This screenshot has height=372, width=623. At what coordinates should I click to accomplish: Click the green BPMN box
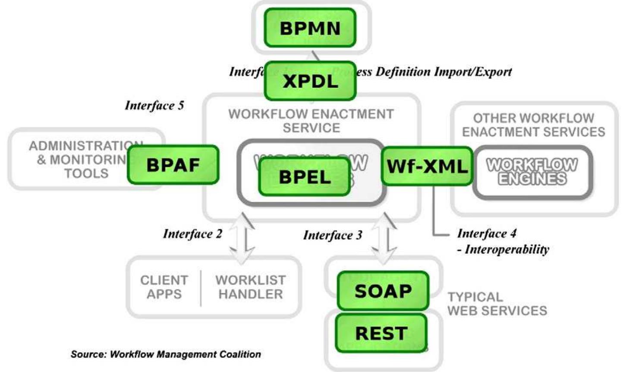pos(310,28)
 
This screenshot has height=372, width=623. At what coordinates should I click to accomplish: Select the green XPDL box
pos(310,81)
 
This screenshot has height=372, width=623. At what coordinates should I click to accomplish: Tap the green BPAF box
pos(173,165)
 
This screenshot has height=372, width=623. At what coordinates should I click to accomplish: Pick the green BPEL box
pos(305,177)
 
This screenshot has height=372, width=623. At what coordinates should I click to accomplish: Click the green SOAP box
pos(383,291)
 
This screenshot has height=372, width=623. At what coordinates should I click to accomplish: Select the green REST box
pos(381,333)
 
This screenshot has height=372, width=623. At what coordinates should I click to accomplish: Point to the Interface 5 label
pos(154,105)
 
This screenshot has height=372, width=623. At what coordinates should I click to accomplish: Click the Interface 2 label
pos(192,234)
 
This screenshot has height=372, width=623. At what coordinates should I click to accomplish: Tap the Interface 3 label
pos(333,235)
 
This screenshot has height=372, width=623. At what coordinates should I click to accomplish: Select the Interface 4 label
pos(487,233)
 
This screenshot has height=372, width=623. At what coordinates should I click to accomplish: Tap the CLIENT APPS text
pos(164,287)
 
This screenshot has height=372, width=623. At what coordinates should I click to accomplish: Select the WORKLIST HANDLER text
pos(250,287)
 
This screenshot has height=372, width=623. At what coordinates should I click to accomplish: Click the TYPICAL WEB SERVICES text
pos(497,303)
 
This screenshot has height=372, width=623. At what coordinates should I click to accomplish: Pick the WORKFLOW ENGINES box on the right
pos(532,172)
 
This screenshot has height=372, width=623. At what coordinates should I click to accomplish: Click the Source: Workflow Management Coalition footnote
pos(166,354)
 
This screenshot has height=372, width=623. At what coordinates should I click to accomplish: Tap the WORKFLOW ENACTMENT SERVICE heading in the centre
pos(311,121)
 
